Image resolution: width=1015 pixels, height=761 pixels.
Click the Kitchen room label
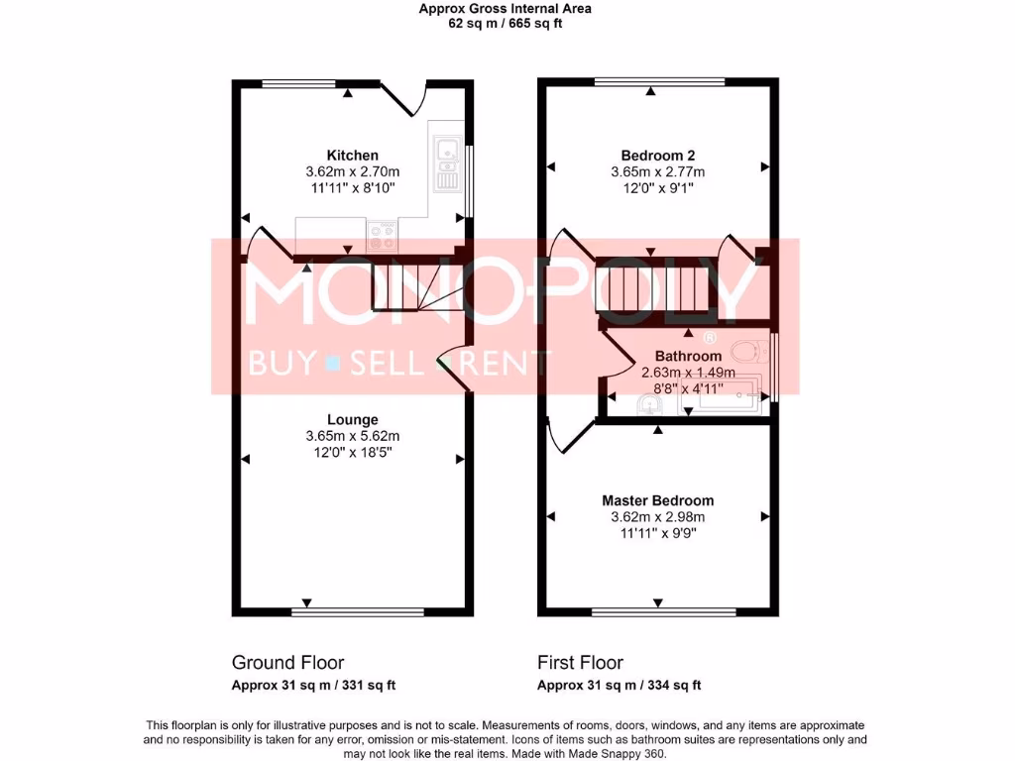352,156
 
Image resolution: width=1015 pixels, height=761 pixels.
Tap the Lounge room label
352,420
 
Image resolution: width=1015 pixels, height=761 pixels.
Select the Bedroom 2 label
657,156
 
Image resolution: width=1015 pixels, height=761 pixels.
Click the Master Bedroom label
657,500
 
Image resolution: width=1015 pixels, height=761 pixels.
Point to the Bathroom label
687,357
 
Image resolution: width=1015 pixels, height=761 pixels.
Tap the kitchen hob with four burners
382,236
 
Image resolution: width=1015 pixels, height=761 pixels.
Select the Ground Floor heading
287,663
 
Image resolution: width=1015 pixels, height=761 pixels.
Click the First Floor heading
580,663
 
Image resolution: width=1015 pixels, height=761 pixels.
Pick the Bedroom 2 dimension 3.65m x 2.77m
657,171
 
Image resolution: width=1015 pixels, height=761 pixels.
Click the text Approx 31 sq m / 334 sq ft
619,685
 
